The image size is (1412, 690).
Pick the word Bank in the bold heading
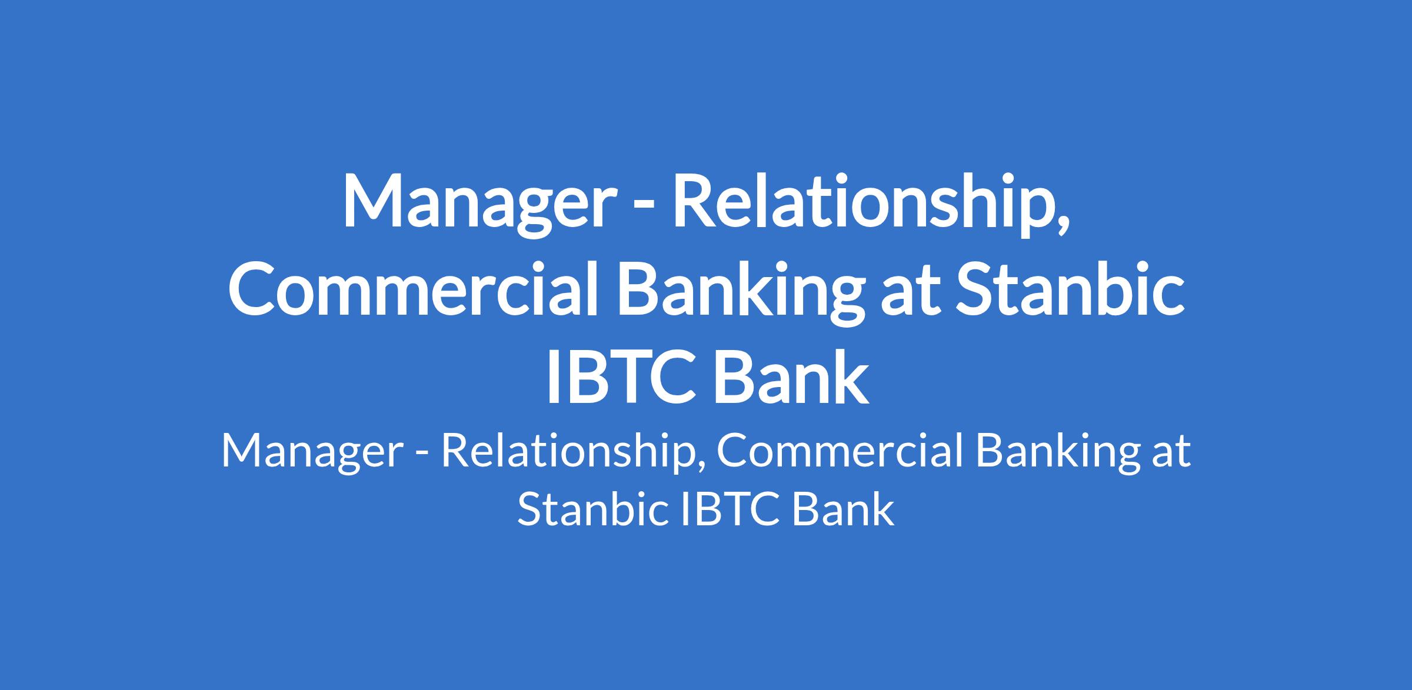792,376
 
